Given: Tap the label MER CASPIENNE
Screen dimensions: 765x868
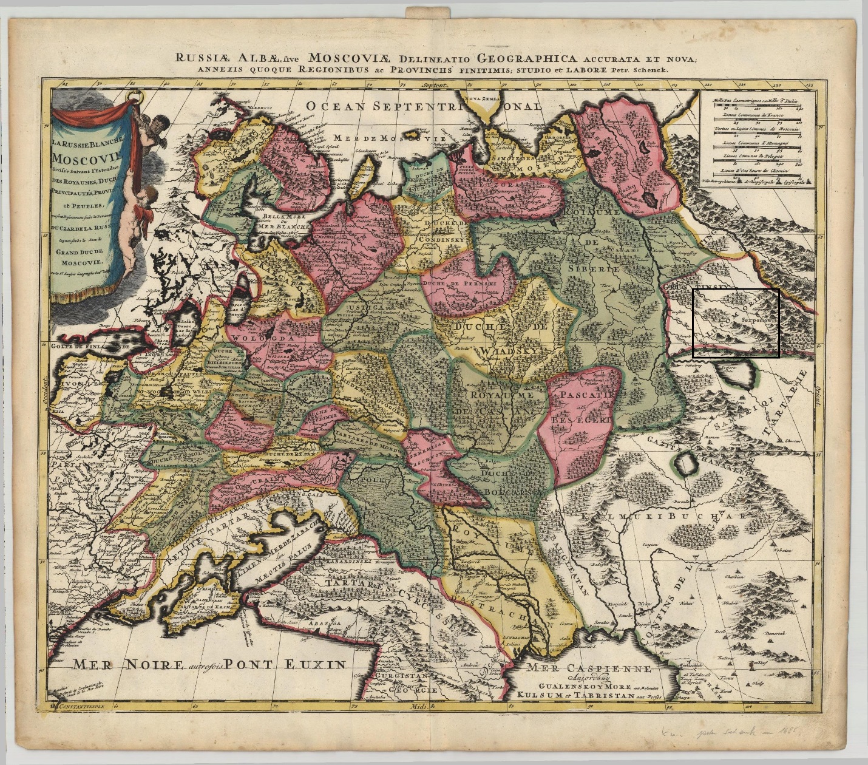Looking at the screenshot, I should pos(589,668).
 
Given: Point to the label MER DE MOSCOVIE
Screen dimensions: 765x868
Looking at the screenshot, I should pos(391,138).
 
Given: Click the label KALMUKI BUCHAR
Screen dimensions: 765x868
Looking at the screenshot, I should pos(664,516).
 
